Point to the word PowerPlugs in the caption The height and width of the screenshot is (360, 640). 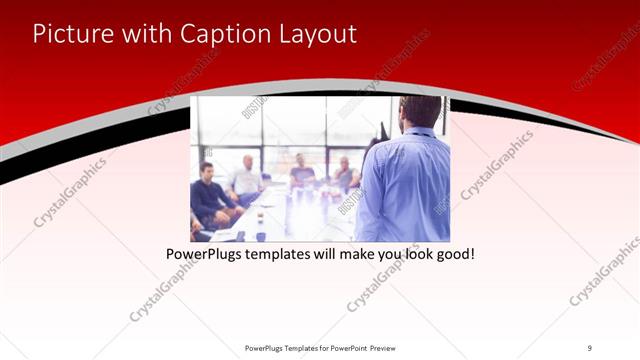[203, 255]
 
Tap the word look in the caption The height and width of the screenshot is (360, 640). [413, 255]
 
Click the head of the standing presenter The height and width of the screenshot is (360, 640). [419, 113]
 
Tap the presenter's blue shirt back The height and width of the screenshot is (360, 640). [405, 185]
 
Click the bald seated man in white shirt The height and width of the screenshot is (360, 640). [246, 178]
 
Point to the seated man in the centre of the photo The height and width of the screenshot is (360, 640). [302, 172]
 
